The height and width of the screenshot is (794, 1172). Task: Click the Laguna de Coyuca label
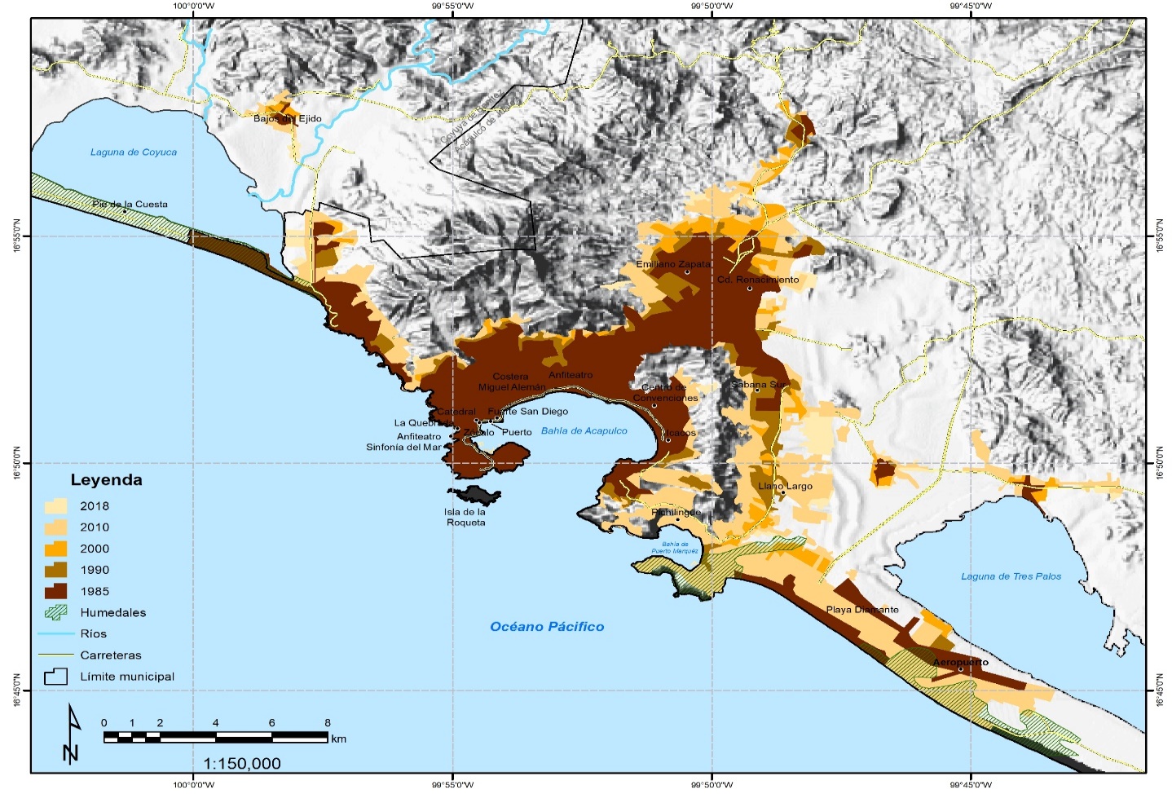pos(133,152)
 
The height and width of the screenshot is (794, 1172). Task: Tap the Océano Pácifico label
pos(547,627)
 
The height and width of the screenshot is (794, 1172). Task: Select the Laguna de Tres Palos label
pos(1011,576)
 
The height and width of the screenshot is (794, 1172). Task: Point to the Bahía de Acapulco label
pos(584,431)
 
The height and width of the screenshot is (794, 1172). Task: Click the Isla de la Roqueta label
pos(465,518)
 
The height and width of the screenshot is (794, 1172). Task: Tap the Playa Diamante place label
pos(862,610)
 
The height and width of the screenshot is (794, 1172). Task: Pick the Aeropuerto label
pos(960,662)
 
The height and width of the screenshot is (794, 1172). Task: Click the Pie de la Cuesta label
pos(130,205)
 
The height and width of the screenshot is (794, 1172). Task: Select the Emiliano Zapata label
pos(673,265)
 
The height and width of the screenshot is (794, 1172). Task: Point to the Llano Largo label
pos(786,487)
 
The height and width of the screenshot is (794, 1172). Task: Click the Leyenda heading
pos(106,480)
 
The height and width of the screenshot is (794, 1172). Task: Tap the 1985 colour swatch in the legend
pos(55,591)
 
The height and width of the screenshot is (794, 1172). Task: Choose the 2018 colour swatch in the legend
pos(55,506)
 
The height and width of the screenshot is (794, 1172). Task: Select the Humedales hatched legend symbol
pos(55,612)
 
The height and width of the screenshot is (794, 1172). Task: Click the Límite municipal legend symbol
pos(55,677)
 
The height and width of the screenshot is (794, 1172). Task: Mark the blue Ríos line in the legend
pos(55,633)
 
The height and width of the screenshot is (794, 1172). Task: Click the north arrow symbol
pos(72,734)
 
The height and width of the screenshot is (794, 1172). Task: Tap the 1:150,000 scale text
pos(242,764)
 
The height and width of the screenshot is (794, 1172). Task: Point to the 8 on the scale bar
pos(328,723)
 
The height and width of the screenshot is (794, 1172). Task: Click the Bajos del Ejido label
pos(287,119)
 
